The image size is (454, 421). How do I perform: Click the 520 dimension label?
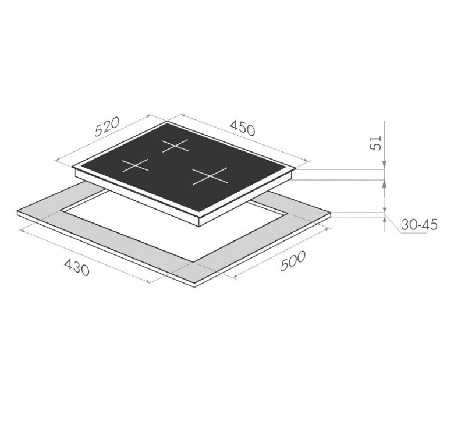pos(108,127)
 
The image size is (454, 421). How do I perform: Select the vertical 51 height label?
pos(375,143)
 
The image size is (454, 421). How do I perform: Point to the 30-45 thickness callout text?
pos(419,225)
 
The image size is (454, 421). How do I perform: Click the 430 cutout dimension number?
pos(77,267)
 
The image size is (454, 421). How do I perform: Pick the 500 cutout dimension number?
pos(293,261)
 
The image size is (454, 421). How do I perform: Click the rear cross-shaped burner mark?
pos(175,146)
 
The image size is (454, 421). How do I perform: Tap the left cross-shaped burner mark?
pos(135,165)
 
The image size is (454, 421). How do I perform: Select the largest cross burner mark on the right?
pos(210,176)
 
